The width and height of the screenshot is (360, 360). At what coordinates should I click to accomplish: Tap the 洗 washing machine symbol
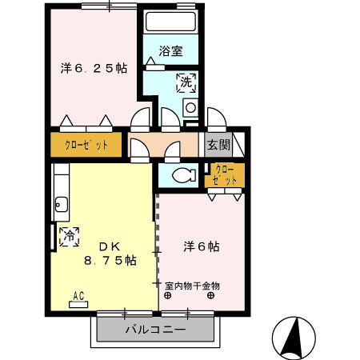[x=185, y=81]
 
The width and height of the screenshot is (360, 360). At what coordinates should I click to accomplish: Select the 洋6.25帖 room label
[x=93, y=69]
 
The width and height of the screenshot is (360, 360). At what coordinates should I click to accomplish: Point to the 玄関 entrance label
[x=218, y=145]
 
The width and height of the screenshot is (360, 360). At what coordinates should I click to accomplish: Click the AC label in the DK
[x=79, y=295]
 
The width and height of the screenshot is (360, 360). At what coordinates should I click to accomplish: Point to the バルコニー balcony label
[x=156, y=329]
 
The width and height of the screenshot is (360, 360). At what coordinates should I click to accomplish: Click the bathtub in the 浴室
[x=170, y=22]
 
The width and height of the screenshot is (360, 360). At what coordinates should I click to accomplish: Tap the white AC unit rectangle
[x=79, y=305]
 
